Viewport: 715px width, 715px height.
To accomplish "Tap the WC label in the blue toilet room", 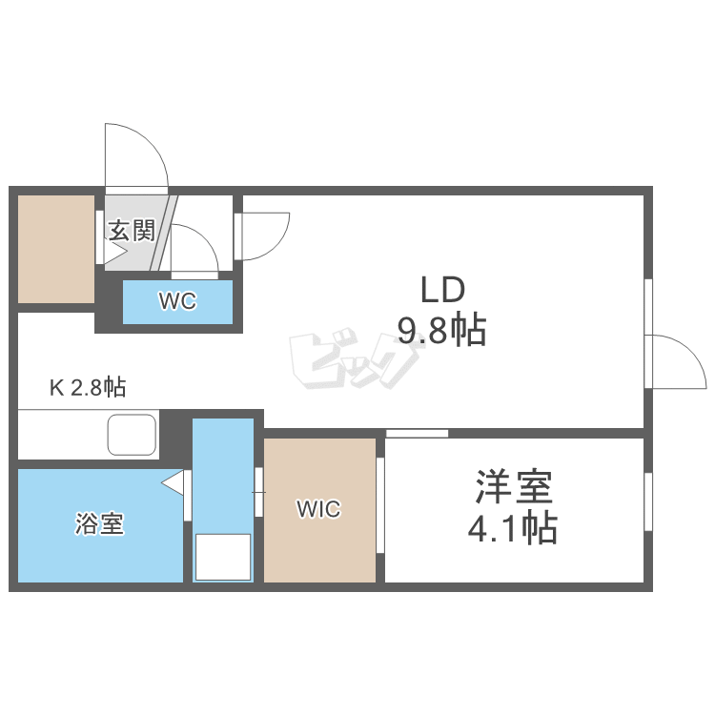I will click(x=177, y=302).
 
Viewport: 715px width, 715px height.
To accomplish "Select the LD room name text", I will click(x=441, y=288).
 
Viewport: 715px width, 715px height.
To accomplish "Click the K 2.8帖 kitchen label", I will click(x=88, y=387).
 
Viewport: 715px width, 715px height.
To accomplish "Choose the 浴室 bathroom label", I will click(x=100, y=523).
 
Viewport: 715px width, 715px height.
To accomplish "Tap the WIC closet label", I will click(x=318, y=510).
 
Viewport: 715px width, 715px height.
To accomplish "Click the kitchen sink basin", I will click(x=132, y=435).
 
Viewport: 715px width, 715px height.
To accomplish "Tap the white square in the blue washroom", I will click(x=222, y=557).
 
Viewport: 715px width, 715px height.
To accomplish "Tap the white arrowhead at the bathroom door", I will click(x=173, y=483).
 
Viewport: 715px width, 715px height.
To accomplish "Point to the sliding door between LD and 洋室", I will click(x=417, y=434).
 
